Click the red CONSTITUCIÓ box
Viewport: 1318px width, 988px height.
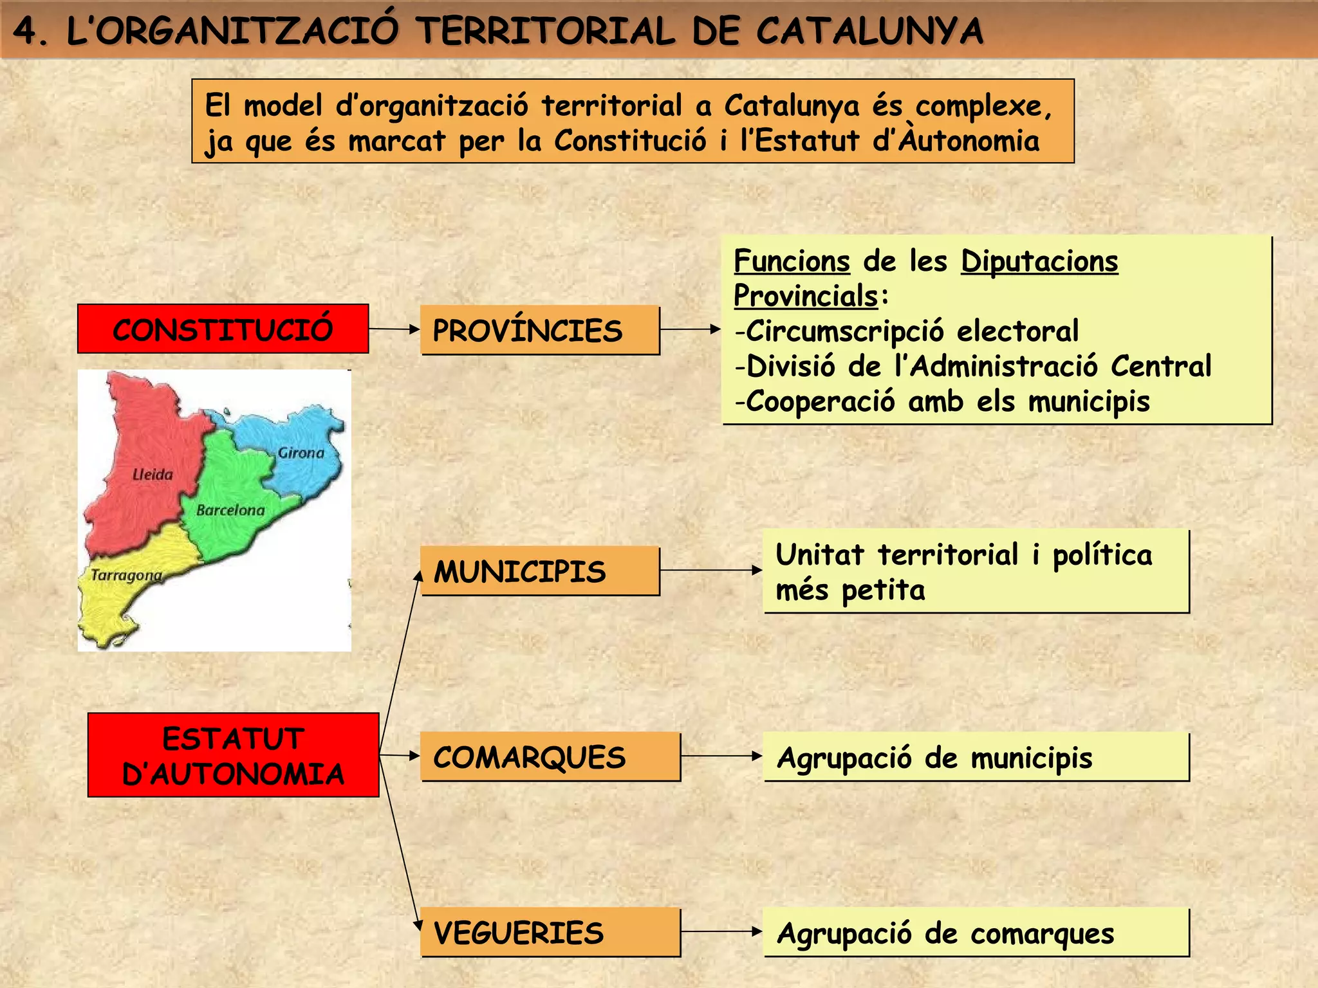click(x=223, y=329)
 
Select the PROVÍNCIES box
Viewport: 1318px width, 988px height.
click(x=540, y=330)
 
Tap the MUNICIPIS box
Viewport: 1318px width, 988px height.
click(x=540, y=571)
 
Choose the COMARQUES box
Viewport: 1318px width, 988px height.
click(x=550, y=756)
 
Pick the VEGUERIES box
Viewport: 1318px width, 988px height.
click(x=550, y=932)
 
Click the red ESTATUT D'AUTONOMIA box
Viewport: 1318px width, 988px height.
click(x=233, y=755)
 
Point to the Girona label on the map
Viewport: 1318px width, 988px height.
click(x=301, y=453)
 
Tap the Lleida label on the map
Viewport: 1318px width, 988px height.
click(x=153, y=475)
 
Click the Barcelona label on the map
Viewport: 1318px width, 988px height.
click(x=230, y=510)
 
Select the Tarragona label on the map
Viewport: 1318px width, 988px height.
click(x=126, y=575)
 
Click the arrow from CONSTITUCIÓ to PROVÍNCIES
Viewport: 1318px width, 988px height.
click(x=394, y=329)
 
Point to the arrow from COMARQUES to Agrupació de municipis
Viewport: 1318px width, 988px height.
click(x=721, y=756)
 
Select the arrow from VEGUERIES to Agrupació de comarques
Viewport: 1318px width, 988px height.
click(x=721, y=931)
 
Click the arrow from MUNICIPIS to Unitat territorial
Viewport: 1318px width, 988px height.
click(x=711, y=570)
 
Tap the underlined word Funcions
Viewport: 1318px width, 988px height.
click(x=792, y=261)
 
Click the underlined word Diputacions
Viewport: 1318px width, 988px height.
click(x=1039, y=261)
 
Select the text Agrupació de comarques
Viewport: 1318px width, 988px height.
click(x=945, y=933)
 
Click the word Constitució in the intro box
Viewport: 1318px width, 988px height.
click(x=630, y=141)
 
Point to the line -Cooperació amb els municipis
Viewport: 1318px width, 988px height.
click(x=942, y=401)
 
